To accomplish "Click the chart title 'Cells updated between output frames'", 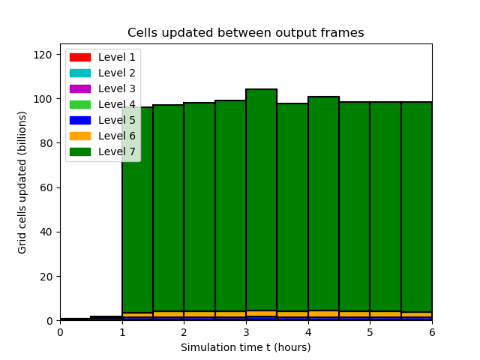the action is (x=245, y=32).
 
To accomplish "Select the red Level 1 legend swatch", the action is (x=80, y=57).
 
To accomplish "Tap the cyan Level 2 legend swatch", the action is (x=80, y=73).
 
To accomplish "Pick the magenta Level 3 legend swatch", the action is (x=80, y=88).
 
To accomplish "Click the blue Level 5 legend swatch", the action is (x=80, y=120).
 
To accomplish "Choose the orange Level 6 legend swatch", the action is (x=80, y=136).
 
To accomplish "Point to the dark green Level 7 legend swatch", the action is (x=80, y=151).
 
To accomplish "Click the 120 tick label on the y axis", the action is (x=43, y=55).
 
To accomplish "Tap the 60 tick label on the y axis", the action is (x=46, y=187).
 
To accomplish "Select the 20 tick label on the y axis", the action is (x=46, y=277).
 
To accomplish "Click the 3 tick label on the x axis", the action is (x=246, y=332).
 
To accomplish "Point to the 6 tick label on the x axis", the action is (x=432, y=332).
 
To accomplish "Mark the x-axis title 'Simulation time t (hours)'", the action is (x=246, y=347).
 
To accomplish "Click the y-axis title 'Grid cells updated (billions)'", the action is (x=22, y=182).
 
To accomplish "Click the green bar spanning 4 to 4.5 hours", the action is (x=323, y=203).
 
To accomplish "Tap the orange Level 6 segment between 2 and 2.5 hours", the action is (x=199, y=314).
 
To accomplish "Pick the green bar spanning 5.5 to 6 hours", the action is (x=417, y=207).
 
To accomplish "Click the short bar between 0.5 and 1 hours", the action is (x=106, y=318).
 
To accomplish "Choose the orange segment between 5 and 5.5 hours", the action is (x=385, y=314).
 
